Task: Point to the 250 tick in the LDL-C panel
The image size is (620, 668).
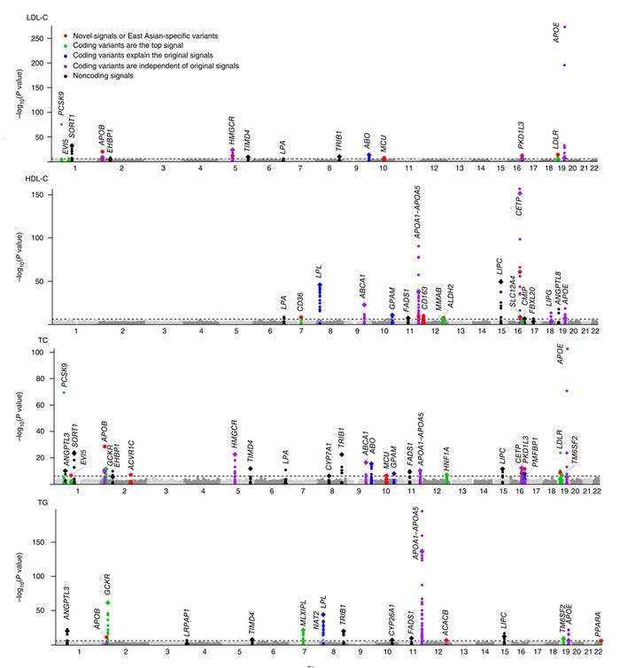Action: click(43, 39)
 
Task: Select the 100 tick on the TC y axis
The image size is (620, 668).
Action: click(43, 353)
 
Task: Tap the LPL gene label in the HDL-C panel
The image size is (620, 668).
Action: click(320, 271)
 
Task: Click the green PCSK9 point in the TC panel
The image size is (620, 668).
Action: click(64, 392)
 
